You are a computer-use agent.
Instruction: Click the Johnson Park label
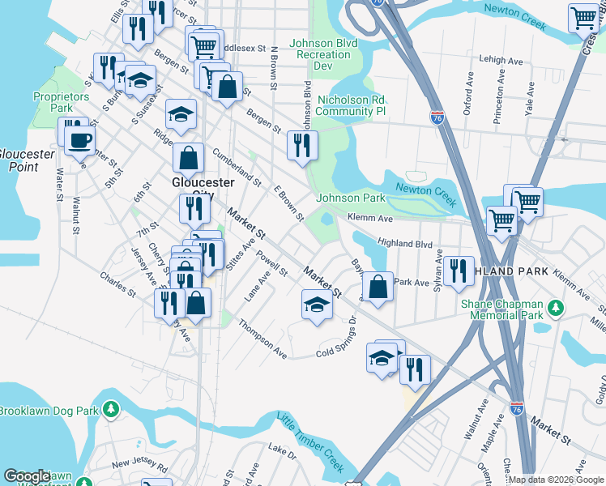tap(350, 198)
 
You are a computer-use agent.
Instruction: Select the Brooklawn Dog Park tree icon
tap(112, 411)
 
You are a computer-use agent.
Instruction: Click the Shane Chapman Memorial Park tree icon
tap(555, 308)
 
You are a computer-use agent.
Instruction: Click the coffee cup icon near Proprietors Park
tap(79, 139)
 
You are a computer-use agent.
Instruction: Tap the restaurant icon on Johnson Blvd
tap(302, 146)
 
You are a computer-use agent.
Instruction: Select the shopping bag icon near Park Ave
tap(378, 286)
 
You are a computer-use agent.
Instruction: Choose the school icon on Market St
tap(317, 305)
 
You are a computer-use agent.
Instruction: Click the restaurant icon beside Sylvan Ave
tap(459, 271)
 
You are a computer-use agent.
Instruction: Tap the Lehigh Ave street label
tap(501, 60)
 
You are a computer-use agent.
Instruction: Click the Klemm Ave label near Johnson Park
tap(369, 218)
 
